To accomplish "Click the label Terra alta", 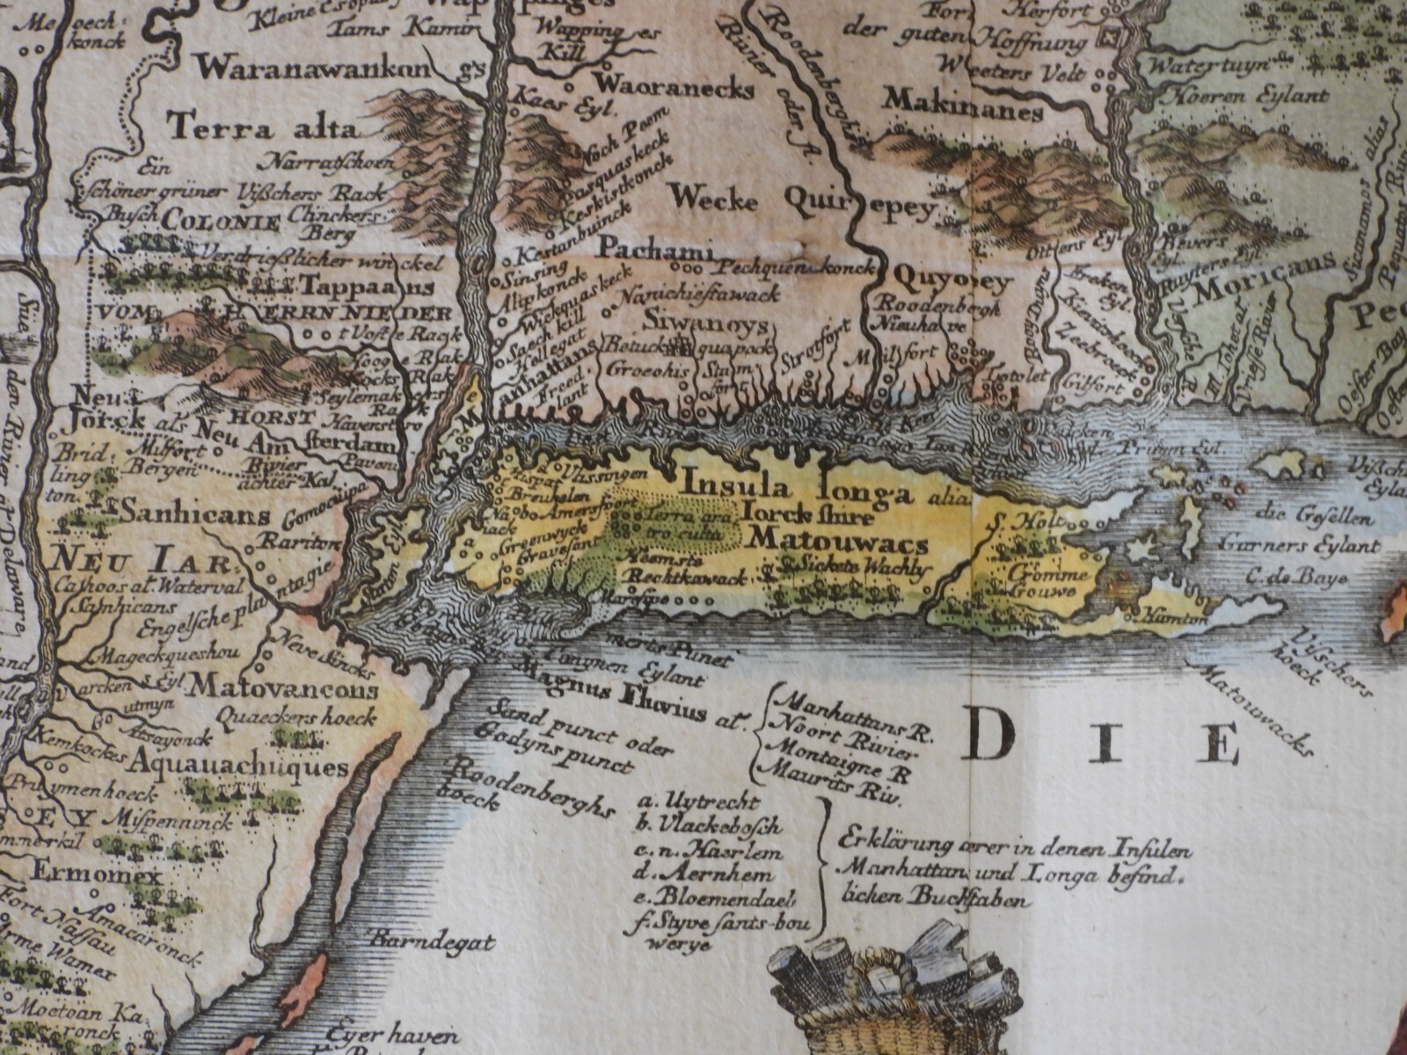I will point(264,131).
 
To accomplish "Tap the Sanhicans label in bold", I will point(195,514).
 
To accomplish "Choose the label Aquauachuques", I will point(242,766).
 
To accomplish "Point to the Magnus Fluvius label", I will point(634,702).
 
